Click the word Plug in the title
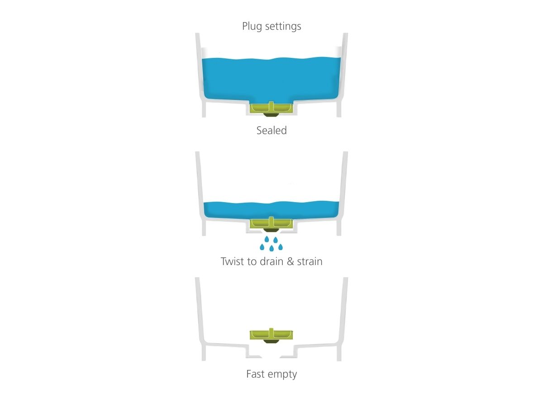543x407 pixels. point(252,26)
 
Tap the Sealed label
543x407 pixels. point(271,130)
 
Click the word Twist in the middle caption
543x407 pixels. point(233,261)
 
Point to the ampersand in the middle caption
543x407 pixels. point(291,261)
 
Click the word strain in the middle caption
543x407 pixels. point(310,261)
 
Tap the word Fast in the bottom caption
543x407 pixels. point(255,374)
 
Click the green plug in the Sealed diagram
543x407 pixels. point(271,108)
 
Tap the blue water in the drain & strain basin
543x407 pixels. point(271,210)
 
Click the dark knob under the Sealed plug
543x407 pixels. point(271,115)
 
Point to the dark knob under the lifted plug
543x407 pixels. point(271,341)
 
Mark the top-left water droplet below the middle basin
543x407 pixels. point(267,239)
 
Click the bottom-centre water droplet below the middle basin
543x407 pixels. point(271,248)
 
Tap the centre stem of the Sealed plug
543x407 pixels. point(271,106)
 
